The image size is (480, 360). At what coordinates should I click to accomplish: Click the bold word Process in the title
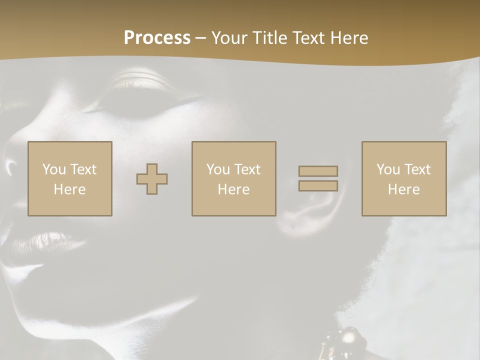[x=157, y=38]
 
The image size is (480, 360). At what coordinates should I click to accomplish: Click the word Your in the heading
[x=230, y=38]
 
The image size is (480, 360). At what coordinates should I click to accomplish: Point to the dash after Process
[x=200, y=38]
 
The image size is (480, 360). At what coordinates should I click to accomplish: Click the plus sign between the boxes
[x=152, y=179]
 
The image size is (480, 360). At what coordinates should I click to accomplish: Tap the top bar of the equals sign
[x=318, y=171]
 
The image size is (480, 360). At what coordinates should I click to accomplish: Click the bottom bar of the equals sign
[x=318, y=186]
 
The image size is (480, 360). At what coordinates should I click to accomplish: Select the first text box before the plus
[x=69, y=179]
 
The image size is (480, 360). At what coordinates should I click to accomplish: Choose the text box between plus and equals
[x=233, y=179]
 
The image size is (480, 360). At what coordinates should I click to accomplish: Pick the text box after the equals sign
[x=403, y=179]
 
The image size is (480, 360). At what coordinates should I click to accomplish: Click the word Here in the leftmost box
[x=69, y=189]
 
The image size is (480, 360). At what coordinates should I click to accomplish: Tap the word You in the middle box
[x=218, y=169]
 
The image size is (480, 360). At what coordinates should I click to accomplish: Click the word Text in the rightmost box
[x=417, y=169]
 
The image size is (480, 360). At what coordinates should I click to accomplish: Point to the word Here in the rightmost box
[x=403, y=189]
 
